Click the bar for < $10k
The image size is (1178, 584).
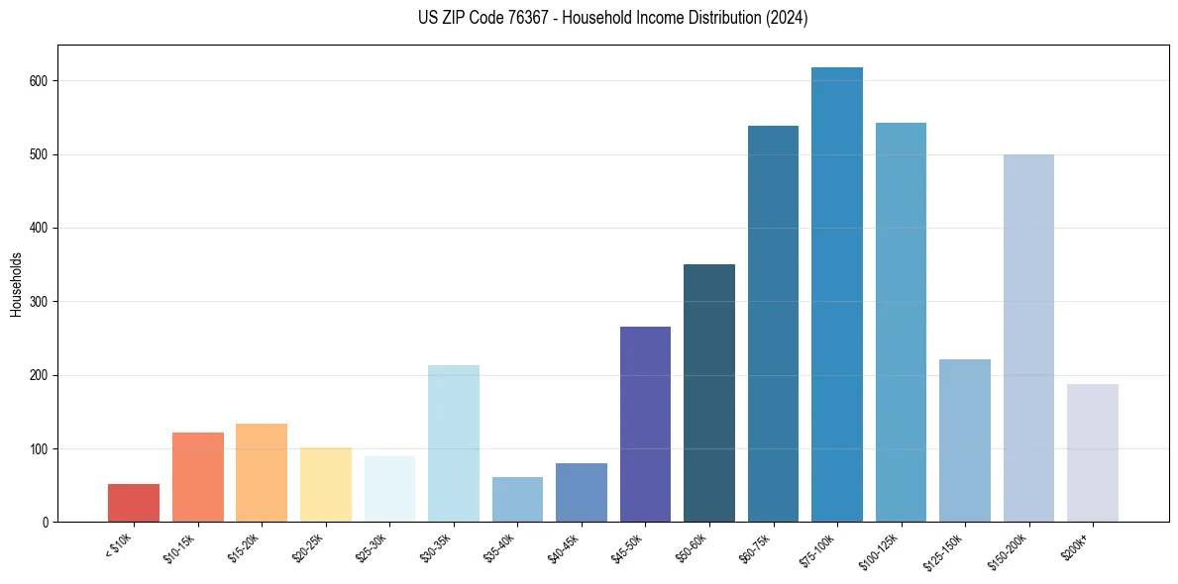tap(134, 503)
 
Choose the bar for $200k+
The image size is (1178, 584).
tap(1093, 453)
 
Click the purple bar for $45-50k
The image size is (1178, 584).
tap(645, 425)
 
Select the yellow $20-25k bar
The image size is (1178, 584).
tap(326, 485)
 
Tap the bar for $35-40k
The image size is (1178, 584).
tap(517, 500)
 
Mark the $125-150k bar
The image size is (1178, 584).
tap(965, 440)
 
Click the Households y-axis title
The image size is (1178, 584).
tap(17, 284)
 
